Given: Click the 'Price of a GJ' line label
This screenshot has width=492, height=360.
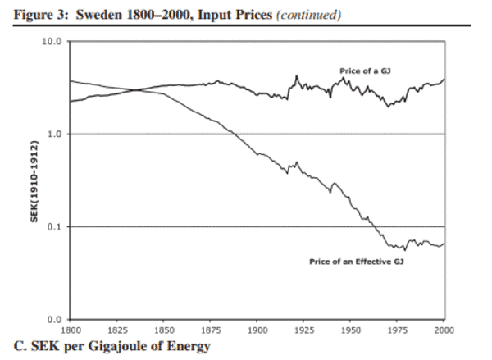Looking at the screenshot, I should (x=364, y=71).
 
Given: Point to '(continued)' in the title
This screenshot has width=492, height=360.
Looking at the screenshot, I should (x=285, y=15).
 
